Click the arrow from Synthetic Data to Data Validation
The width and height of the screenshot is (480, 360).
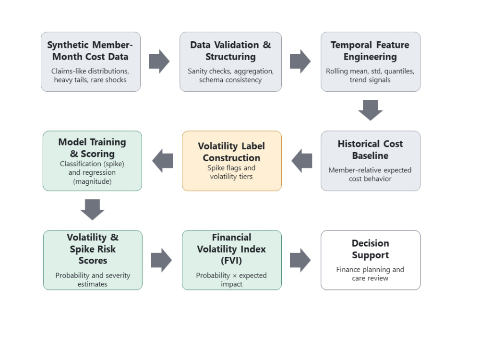tap(159, 61)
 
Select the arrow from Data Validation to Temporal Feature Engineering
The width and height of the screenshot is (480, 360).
tap(300, 61)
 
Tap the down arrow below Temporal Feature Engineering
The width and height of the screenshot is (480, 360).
tap(371, 110)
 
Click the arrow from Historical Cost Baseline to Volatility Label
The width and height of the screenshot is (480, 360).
tap(302, 161)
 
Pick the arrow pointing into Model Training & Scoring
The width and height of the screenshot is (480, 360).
tap(163, 161)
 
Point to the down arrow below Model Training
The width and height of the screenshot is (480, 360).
tap(93, 210)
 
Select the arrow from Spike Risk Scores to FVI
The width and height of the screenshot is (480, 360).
tap(161, 260)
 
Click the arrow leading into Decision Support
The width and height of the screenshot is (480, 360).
tap(300, 260)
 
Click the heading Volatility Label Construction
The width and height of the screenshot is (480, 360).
tap(231, 152)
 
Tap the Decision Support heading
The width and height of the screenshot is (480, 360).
tap(371, 249)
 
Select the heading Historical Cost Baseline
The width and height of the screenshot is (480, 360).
tap(371, 149)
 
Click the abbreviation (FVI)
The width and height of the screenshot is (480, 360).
tap(231, 261)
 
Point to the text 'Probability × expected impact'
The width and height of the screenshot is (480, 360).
tap(231, 279)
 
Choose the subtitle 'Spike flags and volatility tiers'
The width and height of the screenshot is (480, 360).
tap(231, 172)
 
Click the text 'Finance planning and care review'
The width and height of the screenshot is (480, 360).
tap(370, 274)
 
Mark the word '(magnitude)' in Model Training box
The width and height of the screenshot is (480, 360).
tap(92, 181)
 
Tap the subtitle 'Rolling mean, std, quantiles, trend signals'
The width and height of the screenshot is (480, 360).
tap(370, 75)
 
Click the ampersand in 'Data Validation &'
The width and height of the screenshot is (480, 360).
tap(267, 45)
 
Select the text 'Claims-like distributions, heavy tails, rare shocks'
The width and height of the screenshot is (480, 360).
tap(90, 75)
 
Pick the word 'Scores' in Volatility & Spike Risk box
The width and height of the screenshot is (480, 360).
tap(93, 261)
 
